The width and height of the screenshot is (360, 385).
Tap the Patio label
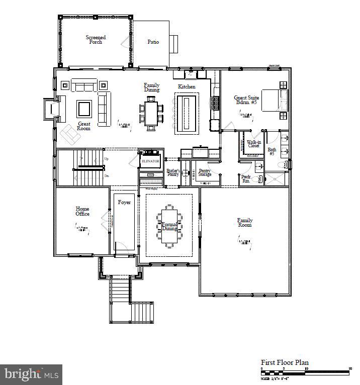(153, 42)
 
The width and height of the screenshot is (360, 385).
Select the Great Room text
(83, 126)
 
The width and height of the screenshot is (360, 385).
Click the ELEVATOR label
(150, 161)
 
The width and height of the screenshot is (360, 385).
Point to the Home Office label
(82, 211)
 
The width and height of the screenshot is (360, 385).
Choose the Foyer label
(124, 203)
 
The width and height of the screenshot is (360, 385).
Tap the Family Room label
(245, 223)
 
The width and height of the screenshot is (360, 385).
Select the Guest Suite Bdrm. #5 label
(246, 100)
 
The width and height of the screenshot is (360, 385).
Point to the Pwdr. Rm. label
(246, 179)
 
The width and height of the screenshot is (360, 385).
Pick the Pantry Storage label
(205, 172)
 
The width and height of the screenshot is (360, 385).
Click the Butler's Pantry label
(172, 172)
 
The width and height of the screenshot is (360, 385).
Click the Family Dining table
(151, 113)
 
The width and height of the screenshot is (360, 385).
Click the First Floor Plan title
(285, 362)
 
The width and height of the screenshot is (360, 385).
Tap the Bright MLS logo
(31, 374)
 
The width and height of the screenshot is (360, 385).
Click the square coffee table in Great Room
(84, 108)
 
